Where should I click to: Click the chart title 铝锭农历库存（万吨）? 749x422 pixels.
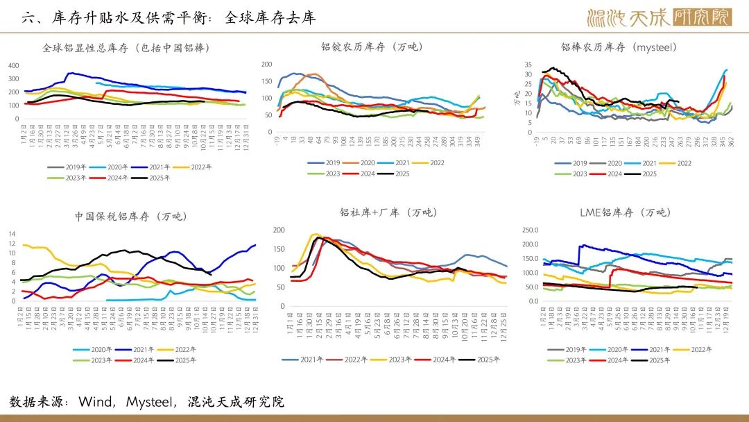coord(372,47)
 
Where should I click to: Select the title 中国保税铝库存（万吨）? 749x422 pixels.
coord(131,217)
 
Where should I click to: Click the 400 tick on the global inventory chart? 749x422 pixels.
coord(14,65)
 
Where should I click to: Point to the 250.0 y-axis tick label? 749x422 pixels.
coord(529,229)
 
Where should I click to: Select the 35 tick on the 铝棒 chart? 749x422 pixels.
coord(528,64)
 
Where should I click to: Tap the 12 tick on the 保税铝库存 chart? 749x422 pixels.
coord(11,234)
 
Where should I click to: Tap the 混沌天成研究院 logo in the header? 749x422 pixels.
coord(659,17)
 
